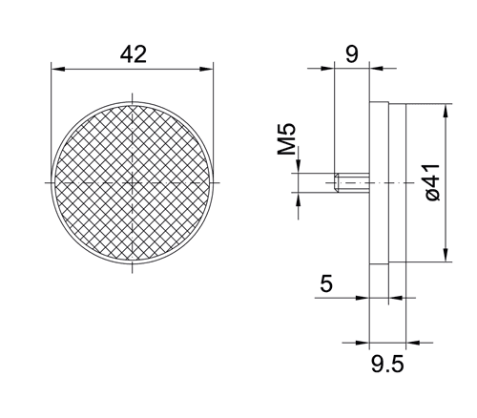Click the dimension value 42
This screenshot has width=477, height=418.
133,54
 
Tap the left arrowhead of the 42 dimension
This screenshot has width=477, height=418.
55,69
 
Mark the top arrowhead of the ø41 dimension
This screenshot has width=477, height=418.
446,107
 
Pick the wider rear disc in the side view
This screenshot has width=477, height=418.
395,181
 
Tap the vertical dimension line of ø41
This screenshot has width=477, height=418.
446,219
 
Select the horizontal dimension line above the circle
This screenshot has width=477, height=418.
95,69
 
